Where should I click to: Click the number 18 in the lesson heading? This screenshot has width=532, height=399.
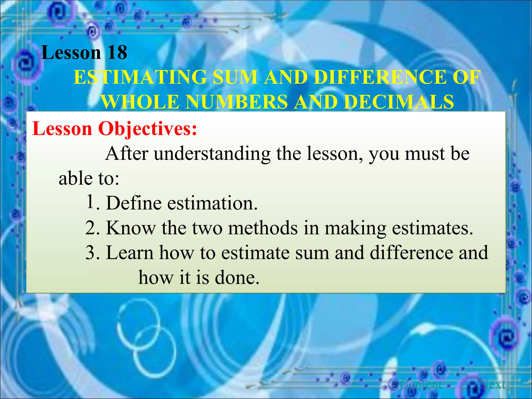(117, 52)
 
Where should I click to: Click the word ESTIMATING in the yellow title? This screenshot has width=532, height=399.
(140, 77)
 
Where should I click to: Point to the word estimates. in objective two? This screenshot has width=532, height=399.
(433, 228)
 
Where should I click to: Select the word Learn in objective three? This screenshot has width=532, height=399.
(130, 252)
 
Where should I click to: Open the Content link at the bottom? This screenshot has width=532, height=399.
(421, 384)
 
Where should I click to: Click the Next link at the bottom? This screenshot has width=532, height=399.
(493, 384)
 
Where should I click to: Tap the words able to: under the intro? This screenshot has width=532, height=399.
(89, 178)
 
